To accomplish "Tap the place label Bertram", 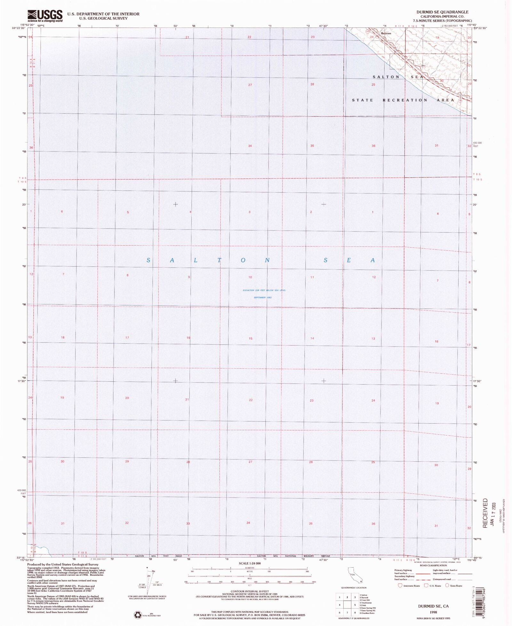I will coord(386,33).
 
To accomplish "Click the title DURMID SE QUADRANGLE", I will coord(442,12).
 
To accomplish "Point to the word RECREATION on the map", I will coord(405,100).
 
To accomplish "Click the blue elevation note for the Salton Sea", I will coord(264,290).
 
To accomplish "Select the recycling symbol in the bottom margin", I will coord(138,614).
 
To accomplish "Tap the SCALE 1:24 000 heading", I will coord(250,563).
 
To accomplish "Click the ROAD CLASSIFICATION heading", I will coord(433,566).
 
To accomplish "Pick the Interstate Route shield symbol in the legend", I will coord(399,586).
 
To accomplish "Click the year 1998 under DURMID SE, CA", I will coord(434,612).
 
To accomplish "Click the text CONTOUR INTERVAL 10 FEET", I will coord(250,591).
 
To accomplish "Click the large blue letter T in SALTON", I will coord(219,260).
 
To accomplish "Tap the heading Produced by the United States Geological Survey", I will coord(63,565).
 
